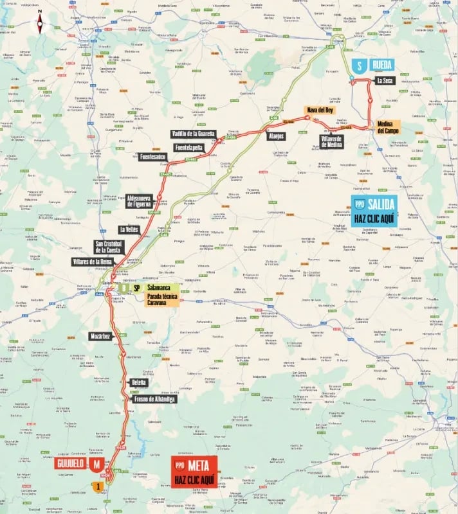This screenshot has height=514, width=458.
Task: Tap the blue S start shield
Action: (360, 66)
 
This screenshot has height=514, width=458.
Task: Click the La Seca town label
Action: (385, 81)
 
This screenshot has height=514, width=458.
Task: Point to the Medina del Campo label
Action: (389, 127)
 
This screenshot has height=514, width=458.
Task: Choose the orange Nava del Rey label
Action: (320, 110)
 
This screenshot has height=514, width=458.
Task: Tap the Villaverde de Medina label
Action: (331, 141)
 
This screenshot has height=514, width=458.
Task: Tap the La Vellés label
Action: (129, 229)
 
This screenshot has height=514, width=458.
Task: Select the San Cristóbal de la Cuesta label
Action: (109, 247)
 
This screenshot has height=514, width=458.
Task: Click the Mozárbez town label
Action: (101, 336)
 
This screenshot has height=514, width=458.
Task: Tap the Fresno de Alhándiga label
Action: (154, 399)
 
